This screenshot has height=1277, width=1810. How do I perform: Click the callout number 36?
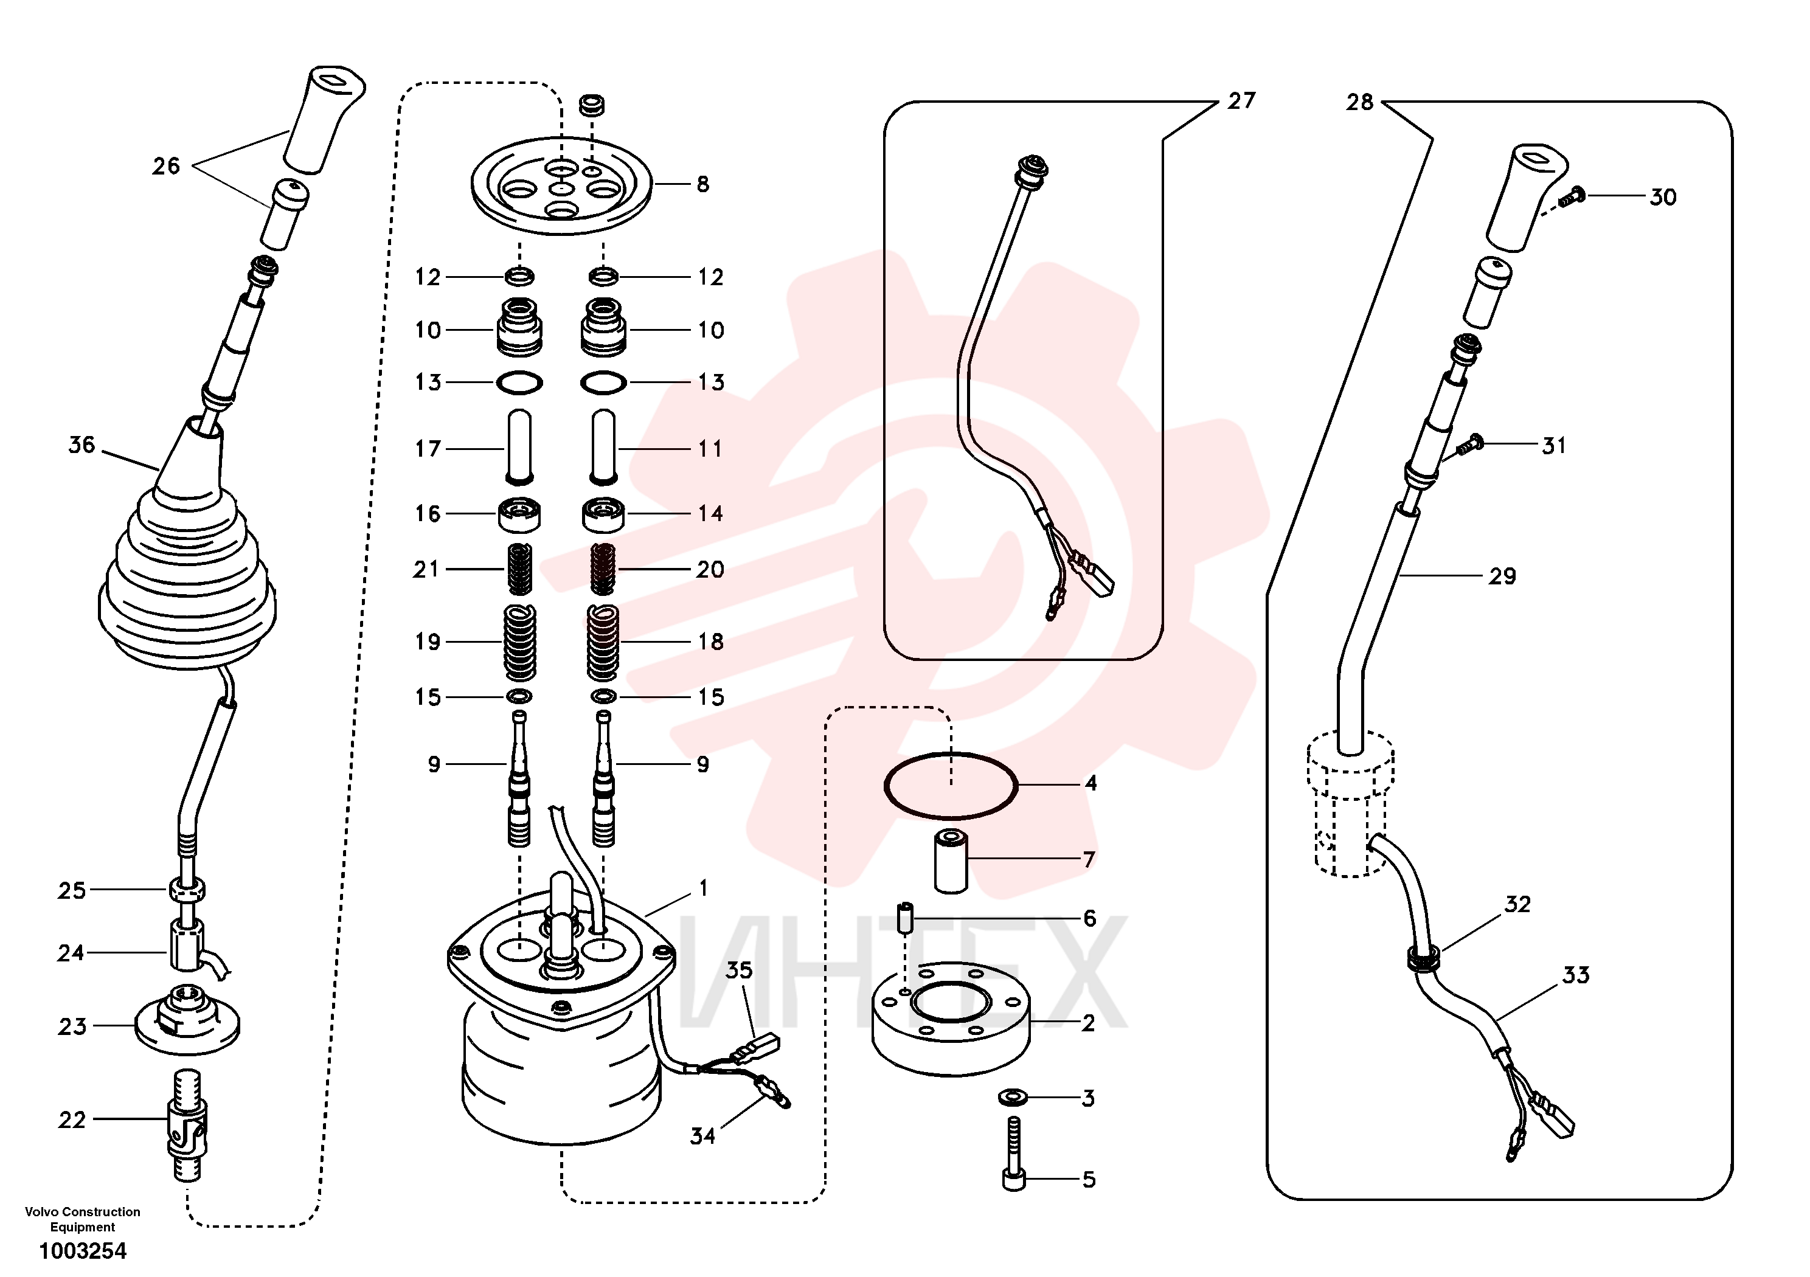(82, 445)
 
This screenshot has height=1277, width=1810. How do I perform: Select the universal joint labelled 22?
(187, 1125)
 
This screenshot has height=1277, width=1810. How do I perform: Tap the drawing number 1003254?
(83, 1251)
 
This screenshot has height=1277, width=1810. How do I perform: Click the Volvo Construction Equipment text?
(83, 1219)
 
